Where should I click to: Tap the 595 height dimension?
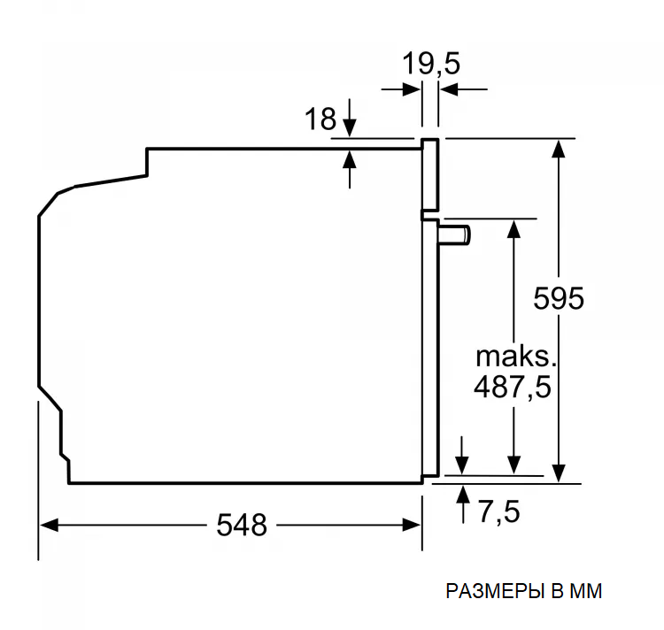(558, 298)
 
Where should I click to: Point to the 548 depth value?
(241, 525)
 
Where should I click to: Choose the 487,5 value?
(513, 387)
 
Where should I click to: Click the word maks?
(514, 357)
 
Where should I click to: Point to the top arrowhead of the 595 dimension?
(558, 147)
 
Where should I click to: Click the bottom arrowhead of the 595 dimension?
(558, 475)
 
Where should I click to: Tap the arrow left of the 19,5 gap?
(411, 88)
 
